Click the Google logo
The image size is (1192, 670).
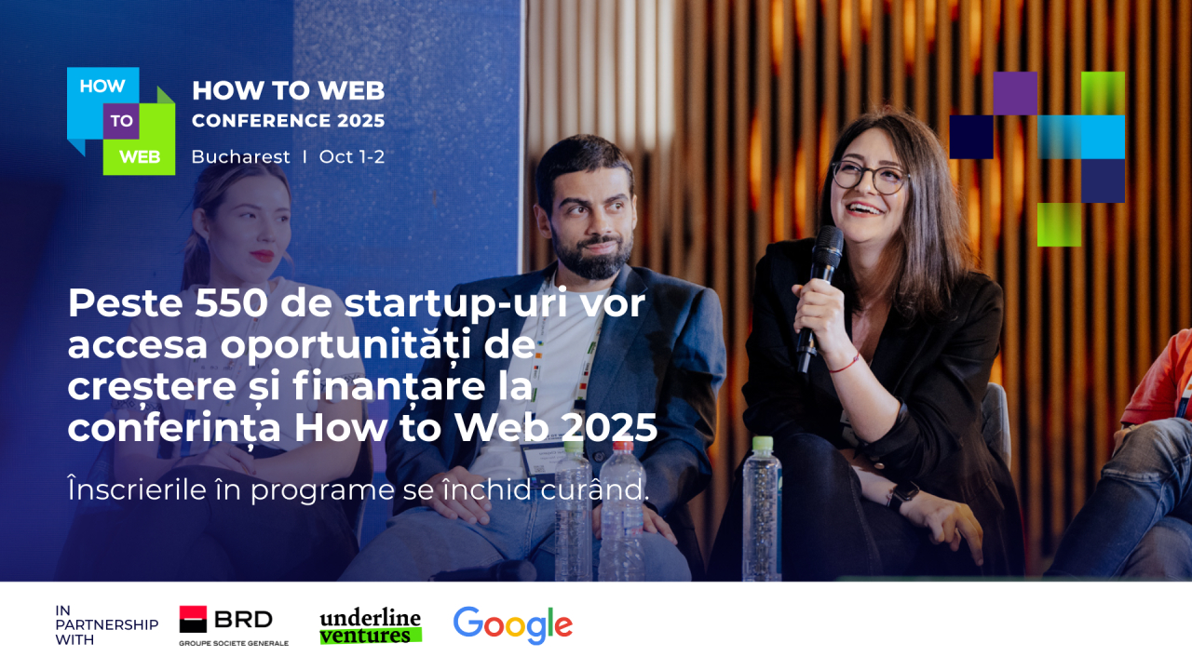click(512, 625)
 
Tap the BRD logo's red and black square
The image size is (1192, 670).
click(193, 620)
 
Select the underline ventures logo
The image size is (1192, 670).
click(370, 627)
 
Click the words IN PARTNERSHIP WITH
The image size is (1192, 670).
click(106, 625)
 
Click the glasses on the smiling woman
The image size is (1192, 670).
click(868, 175)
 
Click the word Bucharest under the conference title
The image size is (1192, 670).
click(240, 157)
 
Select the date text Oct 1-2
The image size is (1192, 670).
click(351, 157)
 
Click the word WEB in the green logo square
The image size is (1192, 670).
click(140, 157)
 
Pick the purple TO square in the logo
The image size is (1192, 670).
click(121, 121)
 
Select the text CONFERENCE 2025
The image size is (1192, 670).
click(288, 121)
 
